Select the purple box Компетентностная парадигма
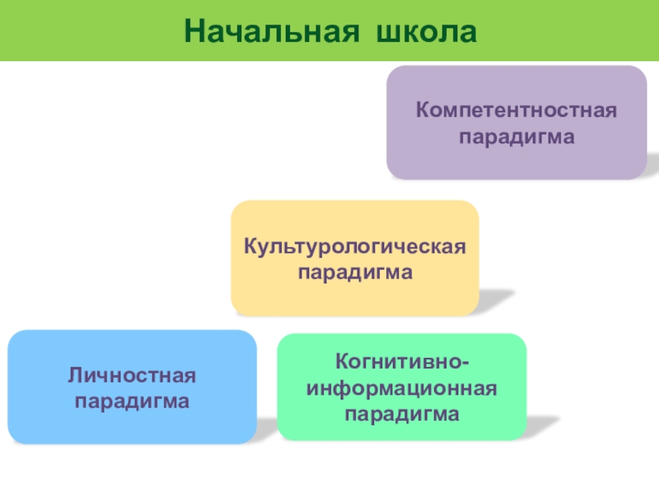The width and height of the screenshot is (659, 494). click(516, 123)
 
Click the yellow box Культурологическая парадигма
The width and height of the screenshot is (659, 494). click(355, 259)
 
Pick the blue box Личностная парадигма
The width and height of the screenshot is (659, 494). click(132, 387)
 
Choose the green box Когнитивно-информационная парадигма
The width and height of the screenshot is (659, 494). click(402, 387)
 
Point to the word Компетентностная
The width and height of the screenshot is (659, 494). click(516, 110)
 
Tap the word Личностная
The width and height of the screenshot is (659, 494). click(132, 376)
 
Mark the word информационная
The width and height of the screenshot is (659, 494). click(402, 387)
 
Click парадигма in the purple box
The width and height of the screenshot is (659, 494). click(516, 137)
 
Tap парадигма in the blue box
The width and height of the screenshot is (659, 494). click(132, 403)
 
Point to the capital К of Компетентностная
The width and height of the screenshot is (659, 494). click(421, 110)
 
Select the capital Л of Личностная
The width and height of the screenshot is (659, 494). click(74, 376)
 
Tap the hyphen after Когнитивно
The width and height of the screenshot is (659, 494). click(468, 361)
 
